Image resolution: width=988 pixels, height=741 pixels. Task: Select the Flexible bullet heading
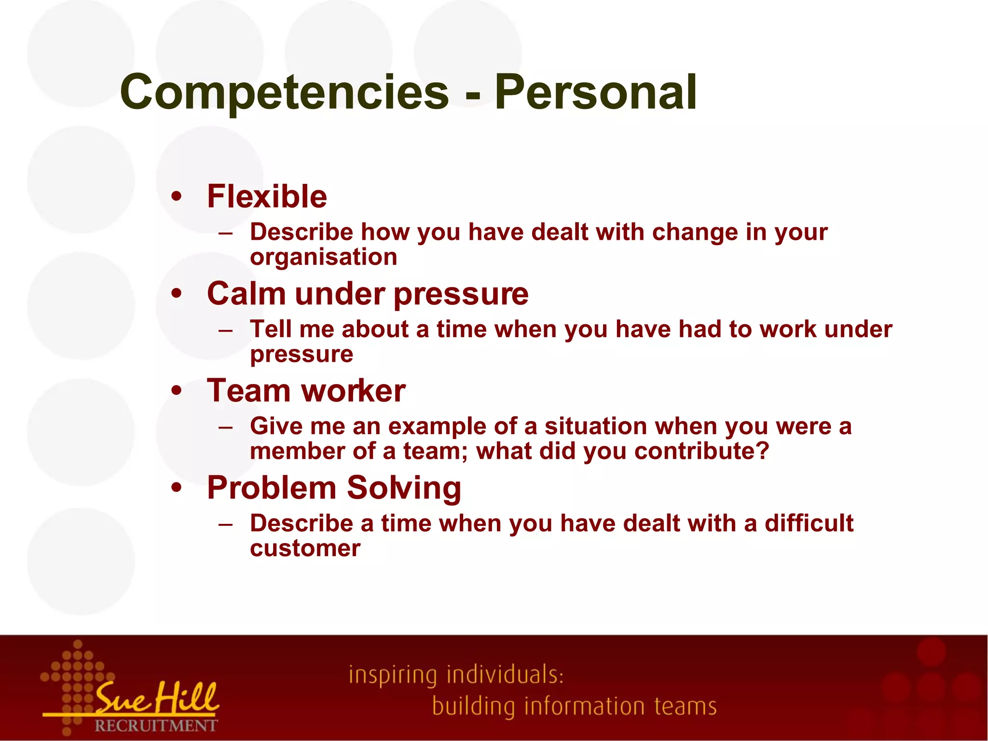(x=267, y=196)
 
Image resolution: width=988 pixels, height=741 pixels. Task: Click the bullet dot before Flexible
(x=177, y=196)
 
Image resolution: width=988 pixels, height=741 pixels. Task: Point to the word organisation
(x=323, y=257)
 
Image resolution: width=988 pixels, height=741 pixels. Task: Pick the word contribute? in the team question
(x=701, y=451)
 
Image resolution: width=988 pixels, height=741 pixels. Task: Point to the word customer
(x=305, y=549)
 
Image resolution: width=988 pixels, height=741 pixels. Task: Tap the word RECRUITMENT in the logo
(x=156, y=726)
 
